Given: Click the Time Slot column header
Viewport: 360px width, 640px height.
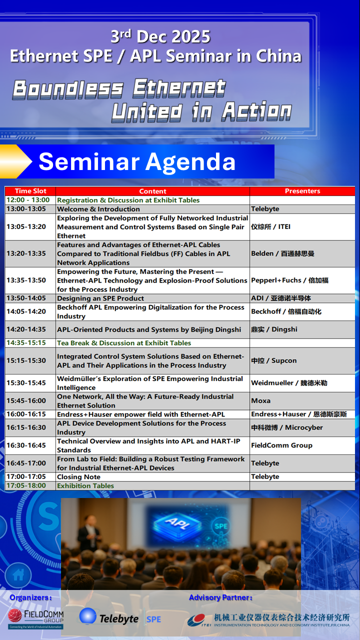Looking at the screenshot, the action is point(30,191).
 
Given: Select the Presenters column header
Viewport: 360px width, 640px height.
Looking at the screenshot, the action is point(302,191).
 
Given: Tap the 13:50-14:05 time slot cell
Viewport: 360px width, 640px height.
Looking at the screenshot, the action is point(30,298).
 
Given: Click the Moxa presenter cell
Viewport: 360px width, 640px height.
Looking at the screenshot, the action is point(302,400).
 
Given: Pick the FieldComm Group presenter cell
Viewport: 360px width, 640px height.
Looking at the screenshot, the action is point(302,445).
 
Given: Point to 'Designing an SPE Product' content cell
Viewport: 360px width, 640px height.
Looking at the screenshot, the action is point(152,298).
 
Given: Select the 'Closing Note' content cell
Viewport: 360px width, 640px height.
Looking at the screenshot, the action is point(152,476).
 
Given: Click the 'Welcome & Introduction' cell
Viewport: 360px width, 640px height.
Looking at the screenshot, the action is point(152,209).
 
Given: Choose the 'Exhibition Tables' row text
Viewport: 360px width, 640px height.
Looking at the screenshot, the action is point(85,485).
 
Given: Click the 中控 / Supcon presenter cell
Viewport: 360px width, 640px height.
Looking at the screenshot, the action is point(302,360).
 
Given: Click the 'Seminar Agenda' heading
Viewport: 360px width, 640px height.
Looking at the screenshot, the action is point(137,161).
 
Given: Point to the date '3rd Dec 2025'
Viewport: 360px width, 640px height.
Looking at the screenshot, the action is point(160,36).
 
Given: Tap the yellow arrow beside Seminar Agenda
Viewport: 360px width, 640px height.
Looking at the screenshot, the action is point(16,161).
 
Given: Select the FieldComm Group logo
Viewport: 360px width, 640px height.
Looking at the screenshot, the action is point(35,618).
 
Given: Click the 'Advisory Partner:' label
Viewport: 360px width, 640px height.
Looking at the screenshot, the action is point(221,597).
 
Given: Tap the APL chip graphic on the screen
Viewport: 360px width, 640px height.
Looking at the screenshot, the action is point(177,523).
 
